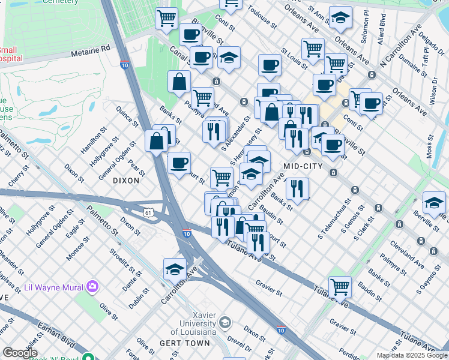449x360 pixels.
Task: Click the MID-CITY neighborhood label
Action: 303,166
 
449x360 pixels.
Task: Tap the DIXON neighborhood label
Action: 125,180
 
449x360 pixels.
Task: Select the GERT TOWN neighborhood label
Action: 185,343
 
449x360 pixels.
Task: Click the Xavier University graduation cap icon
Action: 224,323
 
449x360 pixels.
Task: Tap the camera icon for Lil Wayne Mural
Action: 92,287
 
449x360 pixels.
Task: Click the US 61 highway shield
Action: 148,212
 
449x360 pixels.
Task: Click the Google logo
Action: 20,353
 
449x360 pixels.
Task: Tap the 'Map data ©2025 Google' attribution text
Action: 412,355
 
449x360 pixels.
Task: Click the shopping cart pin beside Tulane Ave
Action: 340,286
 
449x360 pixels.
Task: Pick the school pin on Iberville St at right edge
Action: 434,202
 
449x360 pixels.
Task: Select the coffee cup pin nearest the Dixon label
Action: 179,163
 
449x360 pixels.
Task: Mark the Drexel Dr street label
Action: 239,346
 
